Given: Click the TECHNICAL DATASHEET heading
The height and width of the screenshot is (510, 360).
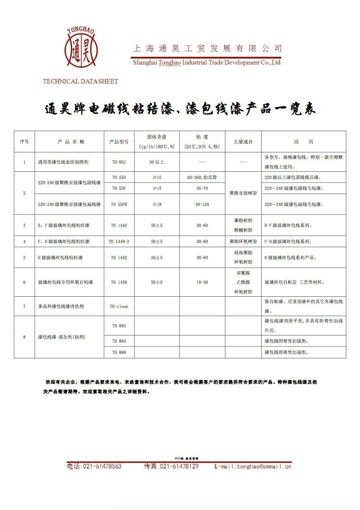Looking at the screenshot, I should [x=81, y=81].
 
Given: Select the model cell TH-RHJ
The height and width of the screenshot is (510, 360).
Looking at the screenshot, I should [x=119, y=162].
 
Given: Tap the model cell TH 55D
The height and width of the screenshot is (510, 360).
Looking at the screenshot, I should [x=119, y=177].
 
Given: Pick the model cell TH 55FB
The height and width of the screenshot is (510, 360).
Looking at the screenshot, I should [x=119, y=204].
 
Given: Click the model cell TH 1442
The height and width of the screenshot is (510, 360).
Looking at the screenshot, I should [x=119, y=225].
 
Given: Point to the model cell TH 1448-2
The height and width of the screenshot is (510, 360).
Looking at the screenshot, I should [x=119, y=241].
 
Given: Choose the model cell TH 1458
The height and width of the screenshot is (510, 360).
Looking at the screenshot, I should [x=119, y=282].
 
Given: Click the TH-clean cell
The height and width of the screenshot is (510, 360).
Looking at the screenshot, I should [x=119, y=306].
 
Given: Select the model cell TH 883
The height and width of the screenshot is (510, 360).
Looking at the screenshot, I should [x=119, y=326].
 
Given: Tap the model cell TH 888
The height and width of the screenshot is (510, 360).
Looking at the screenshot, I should [x=119, y=352].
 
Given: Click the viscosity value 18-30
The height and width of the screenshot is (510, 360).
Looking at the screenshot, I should [x=202, y=282].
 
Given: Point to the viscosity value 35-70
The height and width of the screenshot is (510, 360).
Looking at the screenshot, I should [x=202, y=188].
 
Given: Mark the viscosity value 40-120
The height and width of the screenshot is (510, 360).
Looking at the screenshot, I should [x=202, y=204].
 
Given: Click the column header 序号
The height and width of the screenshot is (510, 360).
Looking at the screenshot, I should [x=24, y=142].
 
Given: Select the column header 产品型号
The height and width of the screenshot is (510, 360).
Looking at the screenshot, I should [x=119, y=142].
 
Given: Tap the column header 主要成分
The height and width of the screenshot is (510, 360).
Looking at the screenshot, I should [x=243, y=142].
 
